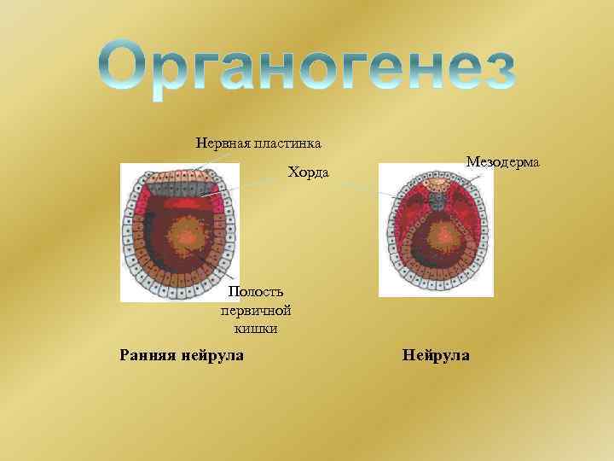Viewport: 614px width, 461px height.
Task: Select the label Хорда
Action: point(308,173)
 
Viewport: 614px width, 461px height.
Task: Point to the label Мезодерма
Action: point(502,161)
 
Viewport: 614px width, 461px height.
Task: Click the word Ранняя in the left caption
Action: point(146,353)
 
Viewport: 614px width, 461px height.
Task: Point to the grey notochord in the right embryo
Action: point(437,201)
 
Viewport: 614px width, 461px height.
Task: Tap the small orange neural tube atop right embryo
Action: point(437,184)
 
